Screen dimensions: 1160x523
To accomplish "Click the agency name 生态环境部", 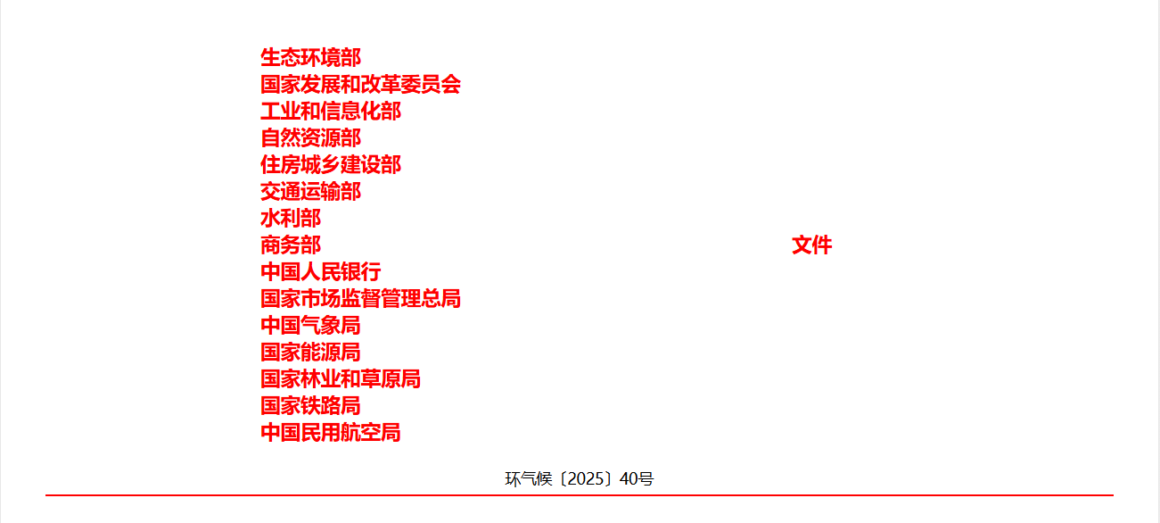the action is [310, 57].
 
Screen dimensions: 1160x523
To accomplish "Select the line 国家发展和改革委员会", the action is [360, 85].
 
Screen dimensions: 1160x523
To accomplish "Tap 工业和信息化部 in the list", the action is [331, 112].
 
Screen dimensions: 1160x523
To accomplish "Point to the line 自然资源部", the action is [310, 137].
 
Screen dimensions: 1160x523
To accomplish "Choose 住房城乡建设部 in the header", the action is [331, 165].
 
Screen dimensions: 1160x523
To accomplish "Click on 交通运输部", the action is [310, 192].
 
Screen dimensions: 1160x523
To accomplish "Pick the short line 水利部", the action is [291, 219].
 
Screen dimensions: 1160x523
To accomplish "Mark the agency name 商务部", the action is [291, 245].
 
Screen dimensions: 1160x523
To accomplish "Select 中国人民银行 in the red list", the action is [321, 272].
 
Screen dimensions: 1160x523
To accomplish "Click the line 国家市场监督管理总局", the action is [360, 299].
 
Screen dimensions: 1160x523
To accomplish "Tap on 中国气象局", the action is [310, 326].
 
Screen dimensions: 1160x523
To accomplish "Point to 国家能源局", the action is [310, 353].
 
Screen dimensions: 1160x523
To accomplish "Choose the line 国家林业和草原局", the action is [341, 379].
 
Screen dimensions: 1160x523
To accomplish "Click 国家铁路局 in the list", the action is [310, 406].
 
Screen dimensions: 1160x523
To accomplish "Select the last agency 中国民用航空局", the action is [331, 433].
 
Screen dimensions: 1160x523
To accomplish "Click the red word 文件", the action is [812, 245].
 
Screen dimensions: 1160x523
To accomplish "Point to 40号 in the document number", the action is [637, 479].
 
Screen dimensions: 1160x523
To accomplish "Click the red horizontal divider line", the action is [580, 495].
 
